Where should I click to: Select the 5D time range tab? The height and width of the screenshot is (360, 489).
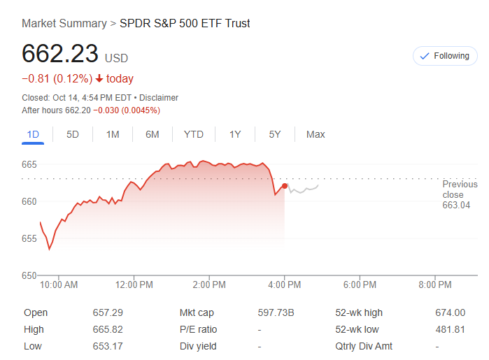click(x=73, y=134)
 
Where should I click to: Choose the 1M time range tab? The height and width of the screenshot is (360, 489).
click(x=113, y=134)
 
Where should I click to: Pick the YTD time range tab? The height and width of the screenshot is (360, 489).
click(x=194, y=134)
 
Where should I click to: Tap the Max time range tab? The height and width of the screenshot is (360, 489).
click(x=316, y=134)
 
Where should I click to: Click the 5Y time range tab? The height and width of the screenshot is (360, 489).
click(x=275, y=134)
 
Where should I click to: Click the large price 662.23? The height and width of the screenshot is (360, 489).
click(x=60, y=55)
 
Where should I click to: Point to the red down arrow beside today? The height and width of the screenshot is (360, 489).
click(x=99, y=79)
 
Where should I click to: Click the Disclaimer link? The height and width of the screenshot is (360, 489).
click(x=160, y=98)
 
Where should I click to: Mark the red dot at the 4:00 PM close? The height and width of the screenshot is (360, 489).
click(x=284, y=185)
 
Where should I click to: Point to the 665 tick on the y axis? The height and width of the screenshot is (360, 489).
click(x=29, y=165)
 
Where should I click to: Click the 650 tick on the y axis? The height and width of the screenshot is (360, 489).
click(x=29, y=275)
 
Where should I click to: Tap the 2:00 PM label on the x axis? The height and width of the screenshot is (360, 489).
click(x=208, y=285)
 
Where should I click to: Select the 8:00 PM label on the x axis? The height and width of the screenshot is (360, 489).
click(x=435, y=285)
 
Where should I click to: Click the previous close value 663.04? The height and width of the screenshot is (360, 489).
click(x=456, y=206)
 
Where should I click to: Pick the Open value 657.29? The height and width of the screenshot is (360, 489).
click(x=108, y=312)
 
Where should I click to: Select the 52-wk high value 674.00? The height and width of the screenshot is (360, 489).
click(x=450, y=312)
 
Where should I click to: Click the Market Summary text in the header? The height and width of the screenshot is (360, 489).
click(x=64, y=23)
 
